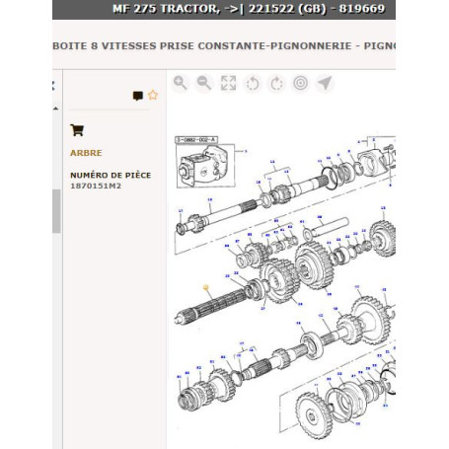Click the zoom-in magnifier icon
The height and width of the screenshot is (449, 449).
(x=181, y=84)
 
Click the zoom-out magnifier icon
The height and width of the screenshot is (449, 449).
(x=204, y=84)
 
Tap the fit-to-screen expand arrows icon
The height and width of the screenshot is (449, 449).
(x=228, y=84)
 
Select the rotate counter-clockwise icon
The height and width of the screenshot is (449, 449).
(x=252, y=84)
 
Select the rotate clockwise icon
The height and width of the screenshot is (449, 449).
(x=276, y=84)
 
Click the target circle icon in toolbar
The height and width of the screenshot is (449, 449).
(x=300, y=84)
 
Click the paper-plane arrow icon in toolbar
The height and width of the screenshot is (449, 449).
(x=325, y=84)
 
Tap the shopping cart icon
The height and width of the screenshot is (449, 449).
(x=77, y=129)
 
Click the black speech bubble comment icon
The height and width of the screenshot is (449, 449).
(x=137, y=96)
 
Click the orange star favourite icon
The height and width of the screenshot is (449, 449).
(x=152, y=96)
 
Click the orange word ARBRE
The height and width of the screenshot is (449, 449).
(x=86, y=153)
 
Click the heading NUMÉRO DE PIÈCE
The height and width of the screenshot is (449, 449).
(x=111, y=174)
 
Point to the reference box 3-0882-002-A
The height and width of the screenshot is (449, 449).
(x=198, y=141)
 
